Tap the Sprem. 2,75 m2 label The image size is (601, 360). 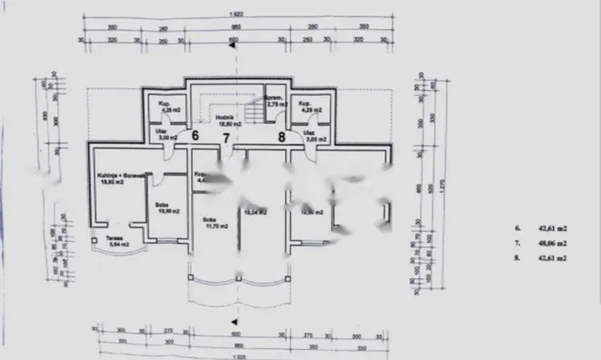click(276, 103)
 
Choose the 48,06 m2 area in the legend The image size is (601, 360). click(555, 245)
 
